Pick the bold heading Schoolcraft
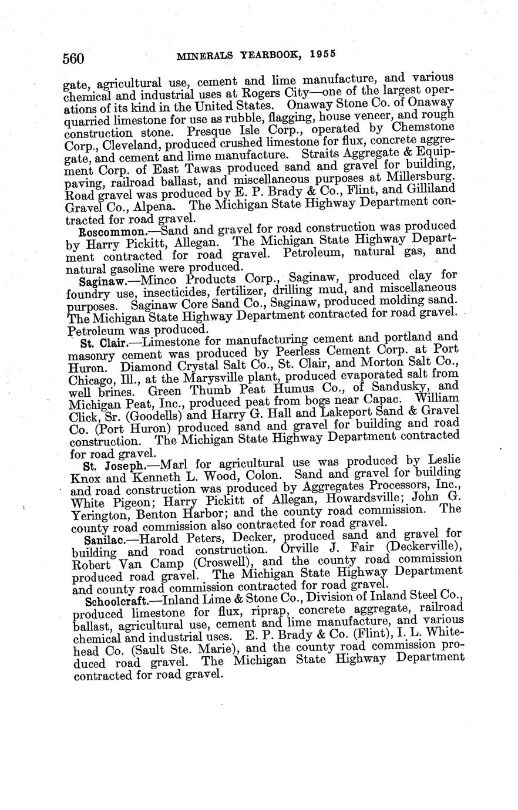coord(119,602)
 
